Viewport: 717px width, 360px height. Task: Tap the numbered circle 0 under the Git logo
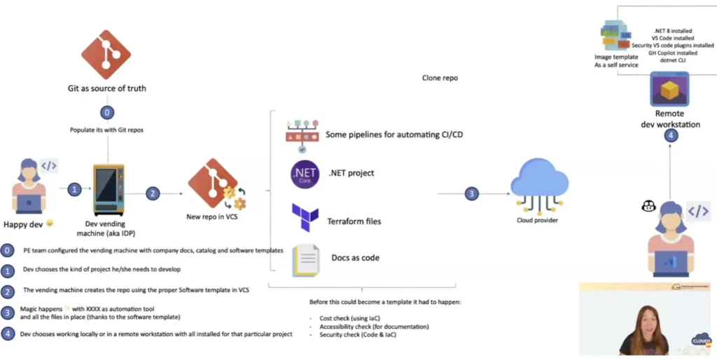[106, 112]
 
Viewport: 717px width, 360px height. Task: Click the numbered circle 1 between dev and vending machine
[76, 188]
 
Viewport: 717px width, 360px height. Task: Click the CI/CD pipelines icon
[302, 136]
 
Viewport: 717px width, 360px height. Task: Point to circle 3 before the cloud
[472, 194]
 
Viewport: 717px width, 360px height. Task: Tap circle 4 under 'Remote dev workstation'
[671, 136]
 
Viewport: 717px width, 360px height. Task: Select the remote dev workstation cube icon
[670, 88]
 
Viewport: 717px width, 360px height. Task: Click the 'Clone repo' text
[440, 78]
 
